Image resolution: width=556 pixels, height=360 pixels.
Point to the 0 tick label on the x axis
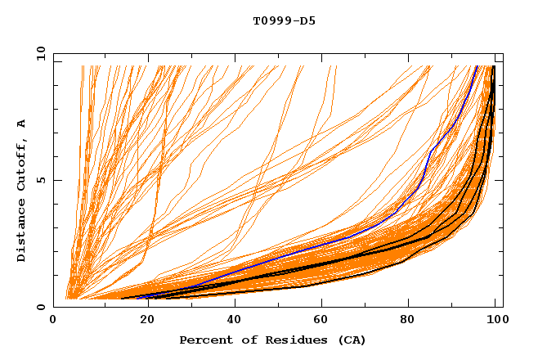(x=54, y=321)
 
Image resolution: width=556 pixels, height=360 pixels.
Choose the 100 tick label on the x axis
(x=495, y=321)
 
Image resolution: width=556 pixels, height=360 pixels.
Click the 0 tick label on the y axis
(x=41, y=308)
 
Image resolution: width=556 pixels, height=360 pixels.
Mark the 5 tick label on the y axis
(x=41, y=180)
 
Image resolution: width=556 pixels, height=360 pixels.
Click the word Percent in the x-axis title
(x=204, y=340)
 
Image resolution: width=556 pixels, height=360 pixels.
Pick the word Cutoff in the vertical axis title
(x=22, y=164)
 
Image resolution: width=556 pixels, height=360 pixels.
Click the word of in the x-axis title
(x=244, y=340)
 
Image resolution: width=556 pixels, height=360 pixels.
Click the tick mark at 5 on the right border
(x=500, y=180)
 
